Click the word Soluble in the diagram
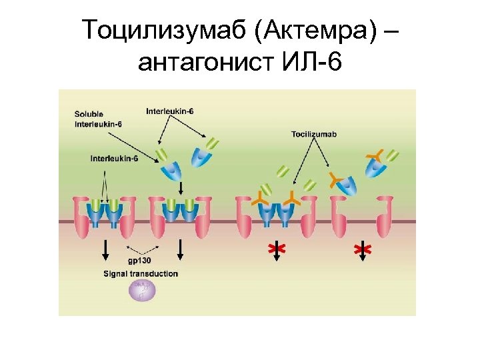tap(89, 114)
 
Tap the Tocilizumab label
tap(314, 135)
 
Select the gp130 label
tap(139, 261)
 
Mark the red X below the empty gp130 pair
tap(362, 249)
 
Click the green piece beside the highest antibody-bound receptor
tap(393, 155)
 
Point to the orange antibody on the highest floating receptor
tap(375, 157)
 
